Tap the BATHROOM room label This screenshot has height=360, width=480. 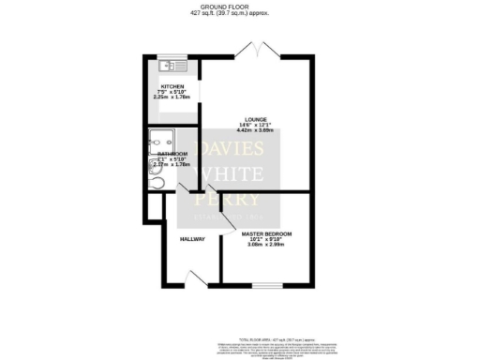(x=173, y=153)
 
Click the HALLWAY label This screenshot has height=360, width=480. (x=192, y=239)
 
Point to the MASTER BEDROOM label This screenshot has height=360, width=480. (x=267, y=233)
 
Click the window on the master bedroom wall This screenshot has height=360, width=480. (x=266, y=283)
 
